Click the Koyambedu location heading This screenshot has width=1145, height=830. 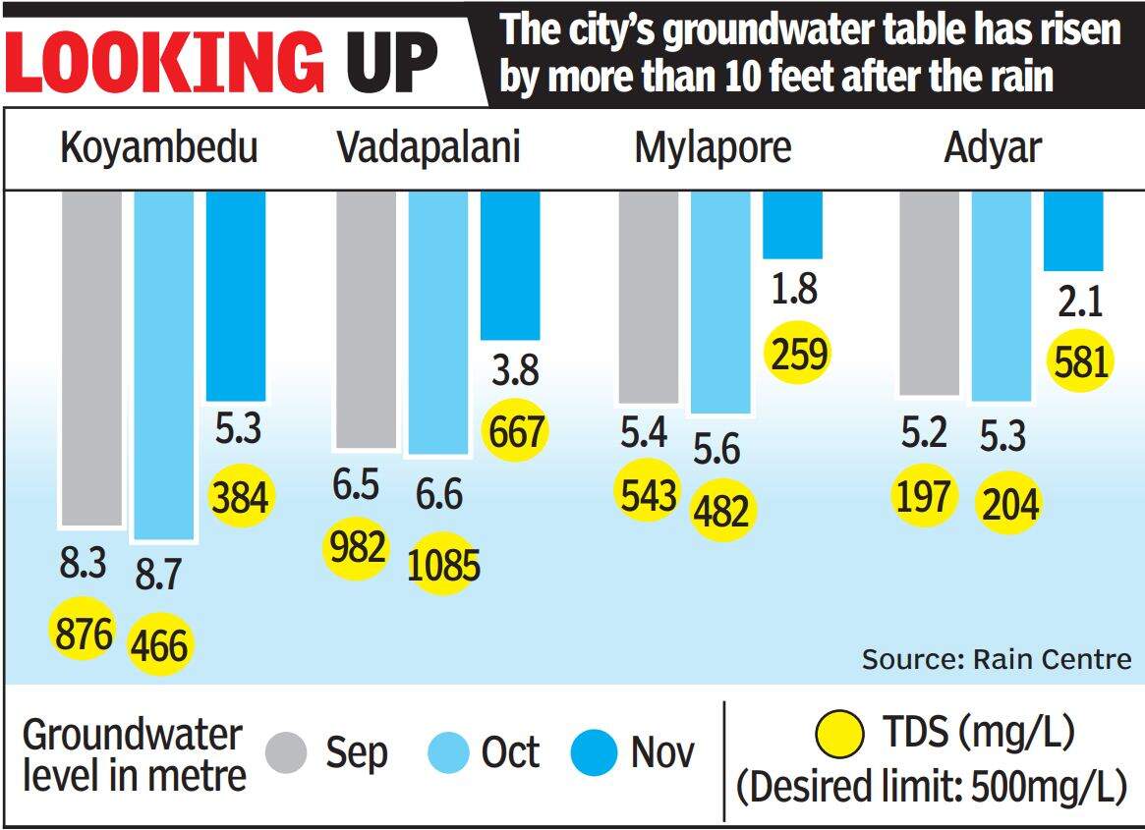pos(159,148)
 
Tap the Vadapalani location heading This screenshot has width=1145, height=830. pos(429,148)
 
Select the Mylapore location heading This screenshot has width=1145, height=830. pos(713,148)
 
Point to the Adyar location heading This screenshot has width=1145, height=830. pos(993,148)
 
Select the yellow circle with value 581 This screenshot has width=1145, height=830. pos(1079,360)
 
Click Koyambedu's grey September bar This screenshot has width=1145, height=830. pos(91,359)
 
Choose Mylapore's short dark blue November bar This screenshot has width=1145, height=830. pos(792,225)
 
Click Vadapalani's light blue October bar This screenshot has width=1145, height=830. pos(437,322)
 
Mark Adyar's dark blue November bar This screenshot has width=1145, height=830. pos(1072,231)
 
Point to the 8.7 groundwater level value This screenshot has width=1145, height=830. pos(158,574)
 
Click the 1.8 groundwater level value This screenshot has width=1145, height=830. pos(794,291)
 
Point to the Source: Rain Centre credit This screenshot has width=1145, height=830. pos(997,658)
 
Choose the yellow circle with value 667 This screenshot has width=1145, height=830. pos(514,430)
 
